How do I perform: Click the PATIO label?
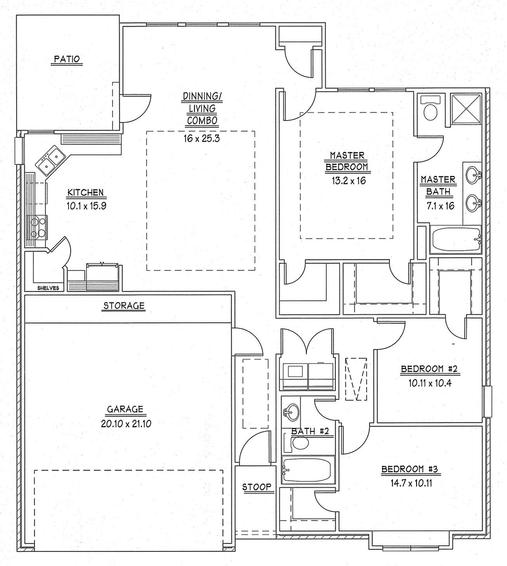67,60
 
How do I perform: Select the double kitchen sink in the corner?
50,159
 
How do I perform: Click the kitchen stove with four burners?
39,226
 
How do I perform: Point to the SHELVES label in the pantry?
48,288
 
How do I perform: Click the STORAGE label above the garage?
124,306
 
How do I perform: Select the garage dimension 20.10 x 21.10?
126,423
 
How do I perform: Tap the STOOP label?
257,487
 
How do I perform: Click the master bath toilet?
430,110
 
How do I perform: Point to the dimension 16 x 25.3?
201,138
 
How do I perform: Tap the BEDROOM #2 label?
429,369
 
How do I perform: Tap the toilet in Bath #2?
299,443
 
